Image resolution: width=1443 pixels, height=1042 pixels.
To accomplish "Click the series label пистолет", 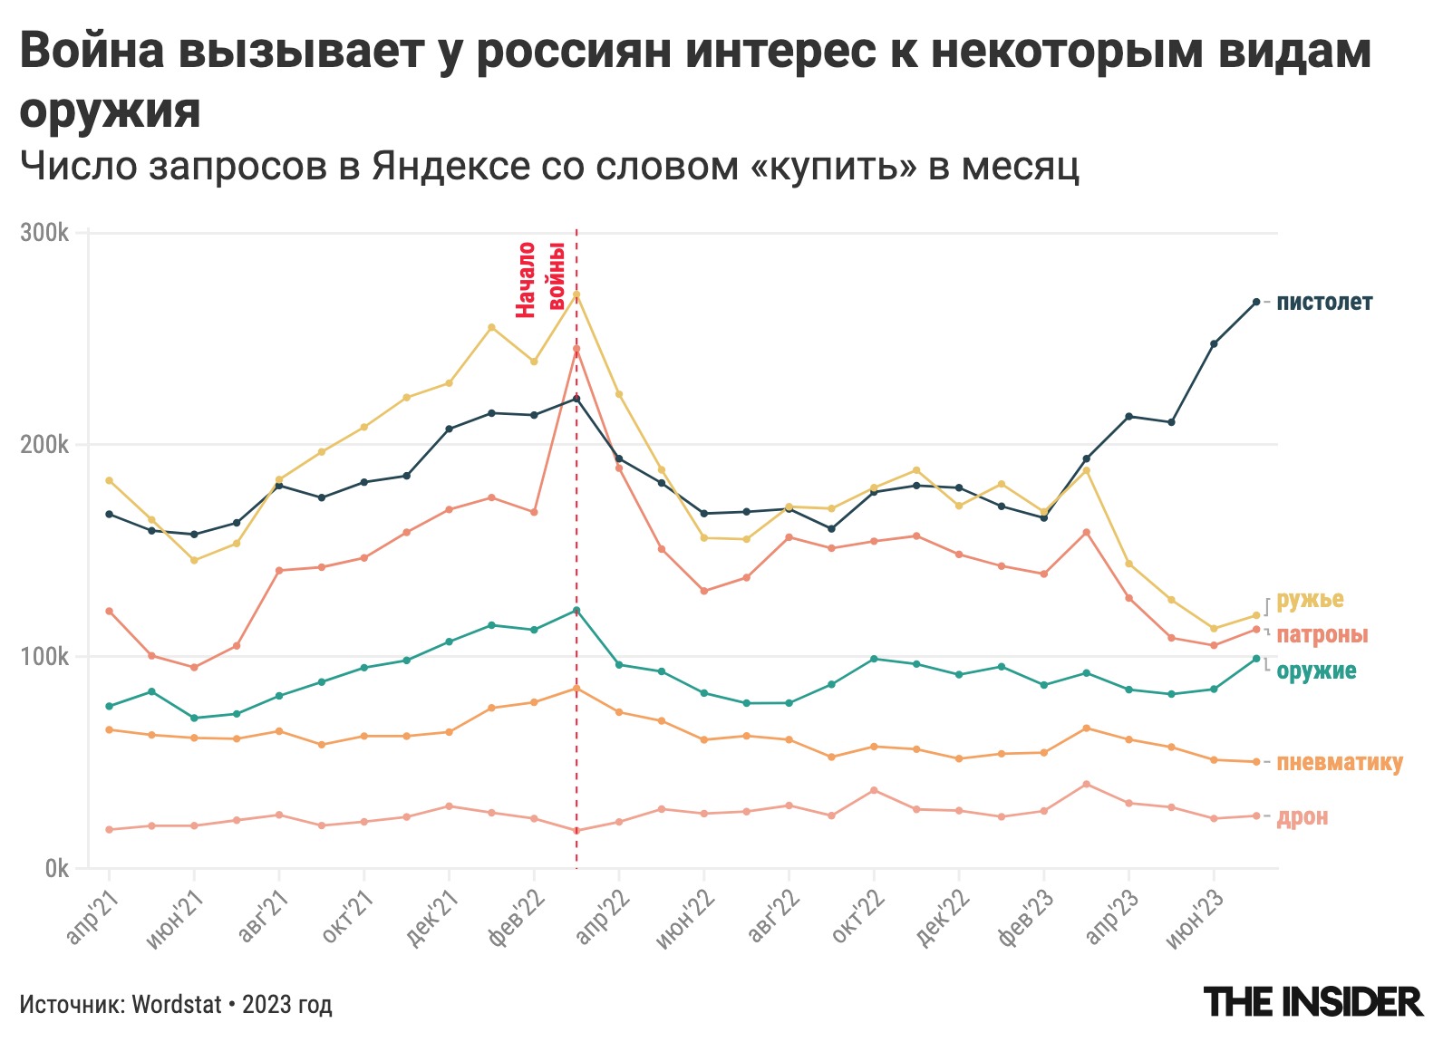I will pyautogui.click(x=1324, y=303).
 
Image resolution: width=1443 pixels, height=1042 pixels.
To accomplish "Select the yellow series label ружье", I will pyautogui.click(x=1310, y=600).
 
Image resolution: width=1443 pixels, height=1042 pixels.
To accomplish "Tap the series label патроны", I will pyautogui.click(x=1322, y=635).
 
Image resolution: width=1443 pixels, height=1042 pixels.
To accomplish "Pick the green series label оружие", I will pyautogui.click(x=1316, y=671).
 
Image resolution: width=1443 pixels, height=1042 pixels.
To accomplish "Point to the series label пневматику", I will pyautogui.click(x=1339, y=763).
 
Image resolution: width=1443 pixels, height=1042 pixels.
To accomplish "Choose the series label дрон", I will pyautogui.click(x=1303, y=817).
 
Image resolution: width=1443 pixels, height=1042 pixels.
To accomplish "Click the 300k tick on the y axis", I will pyautogui.click(x=44, y=233).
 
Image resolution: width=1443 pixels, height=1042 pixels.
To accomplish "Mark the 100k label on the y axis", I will pyautogui.click(x=44, y=656).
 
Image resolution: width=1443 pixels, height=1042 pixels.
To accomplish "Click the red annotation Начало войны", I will pyautogui.click(x=540, y=279).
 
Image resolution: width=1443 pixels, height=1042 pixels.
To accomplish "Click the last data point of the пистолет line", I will pyautogui.click(x=1255, y=302).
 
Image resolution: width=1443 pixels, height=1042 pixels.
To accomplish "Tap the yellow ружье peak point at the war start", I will pyautogui.click(x=576, y=295).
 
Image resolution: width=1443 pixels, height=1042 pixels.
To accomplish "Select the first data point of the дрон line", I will pyautogui.click(x=110, y=829).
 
